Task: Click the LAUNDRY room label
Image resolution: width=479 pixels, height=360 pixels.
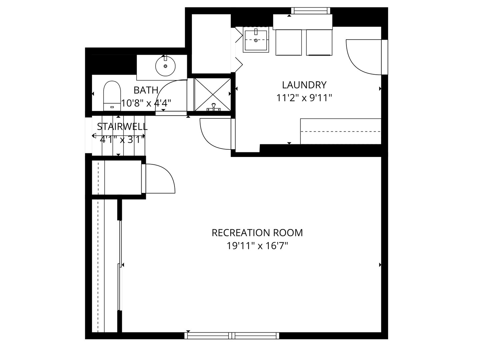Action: (304, 85)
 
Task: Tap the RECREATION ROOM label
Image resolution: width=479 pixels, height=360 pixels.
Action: (257, 233)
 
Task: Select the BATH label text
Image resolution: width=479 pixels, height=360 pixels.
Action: (146, 90)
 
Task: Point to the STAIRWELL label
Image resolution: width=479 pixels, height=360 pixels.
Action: (122, 127)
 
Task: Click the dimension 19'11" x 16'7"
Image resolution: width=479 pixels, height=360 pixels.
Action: (257, 246)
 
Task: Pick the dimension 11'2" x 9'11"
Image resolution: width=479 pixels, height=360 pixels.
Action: (304, 98)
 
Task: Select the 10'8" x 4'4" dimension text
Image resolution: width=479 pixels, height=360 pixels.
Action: (146, 103)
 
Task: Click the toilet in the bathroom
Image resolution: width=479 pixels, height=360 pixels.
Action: (112, 96)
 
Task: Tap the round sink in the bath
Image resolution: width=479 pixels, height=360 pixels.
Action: (165, 66)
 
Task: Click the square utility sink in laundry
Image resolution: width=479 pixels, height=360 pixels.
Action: (256, 40)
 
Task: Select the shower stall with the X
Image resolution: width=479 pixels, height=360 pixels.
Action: (212, 95)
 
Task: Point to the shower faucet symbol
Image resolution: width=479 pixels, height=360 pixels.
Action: (214, 107)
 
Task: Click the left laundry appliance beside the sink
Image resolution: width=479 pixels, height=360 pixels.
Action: (288, 42)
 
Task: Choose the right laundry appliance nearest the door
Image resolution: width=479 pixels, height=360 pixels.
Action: (319, 42)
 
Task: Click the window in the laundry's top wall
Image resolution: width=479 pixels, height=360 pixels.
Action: (310, 11)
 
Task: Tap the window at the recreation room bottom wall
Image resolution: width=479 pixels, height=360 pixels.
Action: (232, 336)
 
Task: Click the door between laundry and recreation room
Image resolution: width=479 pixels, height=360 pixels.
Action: (216, 134)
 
